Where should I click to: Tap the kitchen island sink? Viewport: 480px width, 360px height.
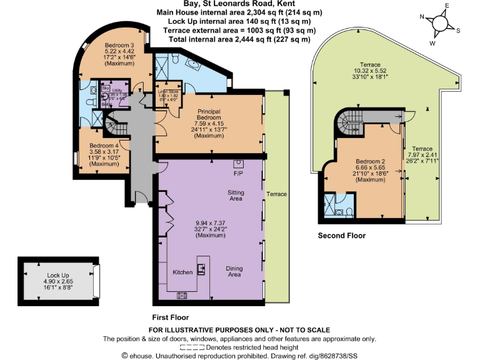(201, 269)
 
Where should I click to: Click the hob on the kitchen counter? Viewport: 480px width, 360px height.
(183, 295)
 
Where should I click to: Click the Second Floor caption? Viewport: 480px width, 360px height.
(341, 236)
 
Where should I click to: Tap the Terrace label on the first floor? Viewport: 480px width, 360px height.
(276, 194)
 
